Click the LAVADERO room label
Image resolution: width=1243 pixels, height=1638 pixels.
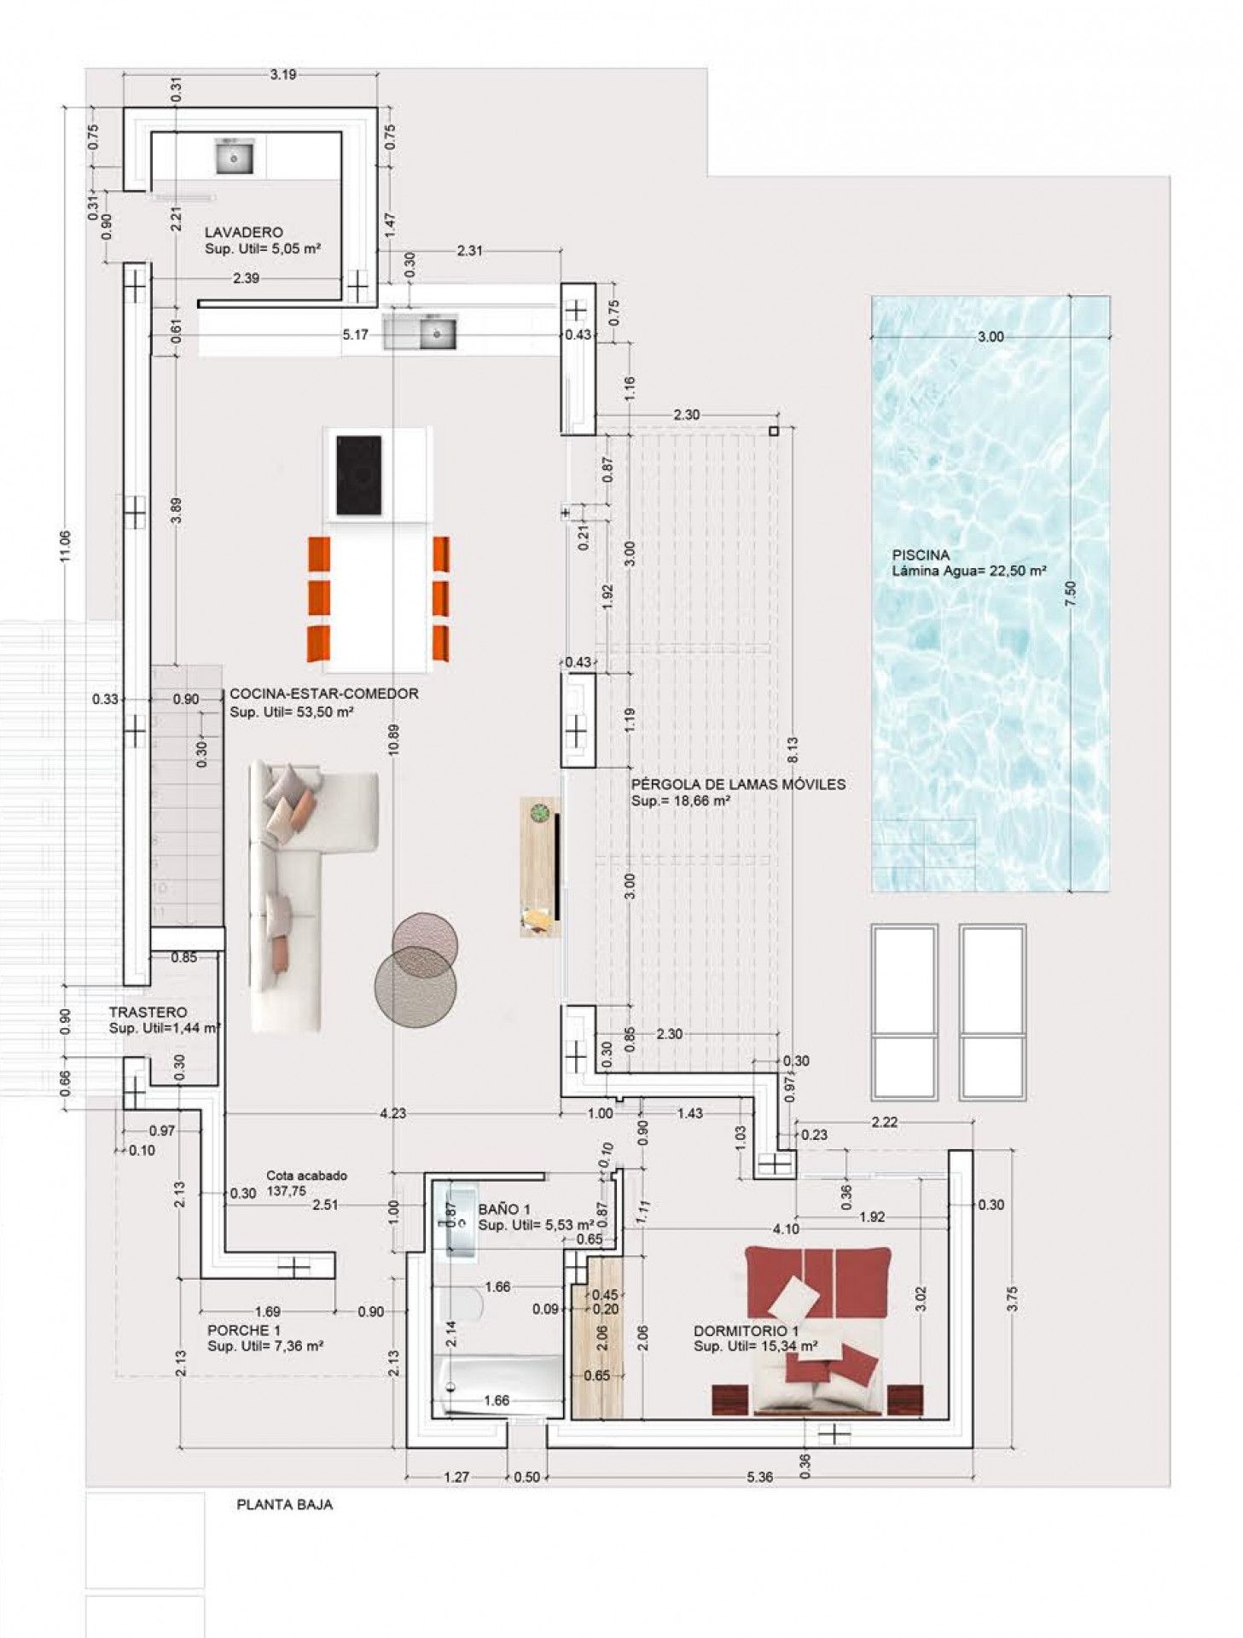click(243, 232)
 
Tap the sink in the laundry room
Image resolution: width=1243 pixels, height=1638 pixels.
click(233, 157)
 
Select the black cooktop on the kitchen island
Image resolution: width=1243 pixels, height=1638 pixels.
click(358, 475)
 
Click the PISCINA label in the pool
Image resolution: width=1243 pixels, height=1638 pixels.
click(921, 555)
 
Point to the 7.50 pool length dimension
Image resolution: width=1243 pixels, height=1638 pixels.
click(1071, 594)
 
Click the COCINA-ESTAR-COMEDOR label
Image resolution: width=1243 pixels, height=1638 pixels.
click(324, 694)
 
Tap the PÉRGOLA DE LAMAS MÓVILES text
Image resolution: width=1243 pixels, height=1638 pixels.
click(738, 784)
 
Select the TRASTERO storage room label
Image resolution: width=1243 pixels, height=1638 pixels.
click(148, 1012)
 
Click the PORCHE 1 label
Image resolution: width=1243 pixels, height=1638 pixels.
click(244, 1330)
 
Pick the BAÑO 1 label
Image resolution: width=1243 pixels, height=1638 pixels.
click(504, 1209)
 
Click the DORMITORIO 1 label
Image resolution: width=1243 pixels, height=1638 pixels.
click(746, 1331)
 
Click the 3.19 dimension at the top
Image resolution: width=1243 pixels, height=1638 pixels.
click(283, 74)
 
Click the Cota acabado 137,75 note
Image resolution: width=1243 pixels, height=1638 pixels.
click(306, 1183)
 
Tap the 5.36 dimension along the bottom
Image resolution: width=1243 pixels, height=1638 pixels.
click(759, 1477)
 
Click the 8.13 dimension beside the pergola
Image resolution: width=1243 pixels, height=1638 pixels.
click(793, 749)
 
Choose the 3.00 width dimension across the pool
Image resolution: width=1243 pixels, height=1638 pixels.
click(990, 337)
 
